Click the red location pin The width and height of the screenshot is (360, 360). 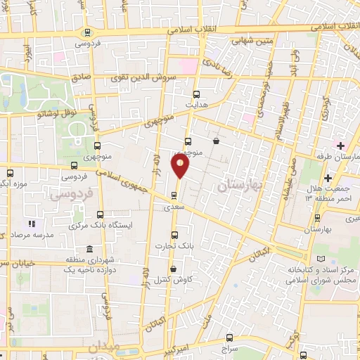click(x=181, y=166)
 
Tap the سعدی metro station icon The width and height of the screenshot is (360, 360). click(x=174, y=196)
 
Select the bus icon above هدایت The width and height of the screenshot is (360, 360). click(x=196, y=94)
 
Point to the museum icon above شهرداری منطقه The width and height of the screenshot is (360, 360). click(x=89, y=249)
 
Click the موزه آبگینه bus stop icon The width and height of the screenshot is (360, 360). click(x=10, y=173)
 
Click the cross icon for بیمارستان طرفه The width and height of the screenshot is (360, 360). click(x=340, y=146)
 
